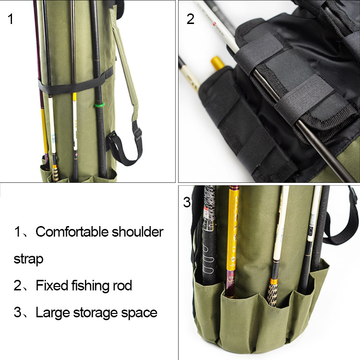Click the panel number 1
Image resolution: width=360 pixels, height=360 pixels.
pyautogui.click(x=11, y=19)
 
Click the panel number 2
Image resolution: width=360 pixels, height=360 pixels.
pyautogui.click(x=191, y=19)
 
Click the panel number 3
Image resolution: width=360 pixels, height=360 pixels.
pyautogui.click(x=187, y=202)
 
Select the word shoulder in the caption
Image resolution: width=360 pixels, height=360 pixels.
pyautogui.click(x=138, y=231)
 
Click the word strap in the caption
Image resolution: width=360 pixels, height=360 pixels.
pyautogui.click(x=28, y=259)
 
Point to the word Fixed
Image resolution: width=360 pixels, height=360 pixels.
pyautogui.click(x=52, y=286)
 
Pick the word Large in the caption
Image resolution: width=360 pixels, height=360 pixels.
pyautogui.click(x=53, y=313)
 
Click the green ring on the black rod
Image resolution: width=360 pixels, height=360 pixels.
pyautogui.click(x=100, y=105)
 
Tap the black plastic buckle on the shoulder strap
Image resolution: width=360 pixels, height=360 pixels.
pyautogui.click(x=138, y=134)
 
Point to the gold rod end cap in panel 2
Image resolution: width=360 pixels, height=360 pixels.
pyautogui.click(x=217, y=63)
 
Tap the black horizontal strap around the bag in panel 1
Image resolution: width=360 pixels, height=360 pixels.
pyautogui.click(x=76, y=83)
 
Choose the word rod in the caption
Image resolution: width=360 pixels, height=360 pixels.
pyautogui.click(x=122, y=286)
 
